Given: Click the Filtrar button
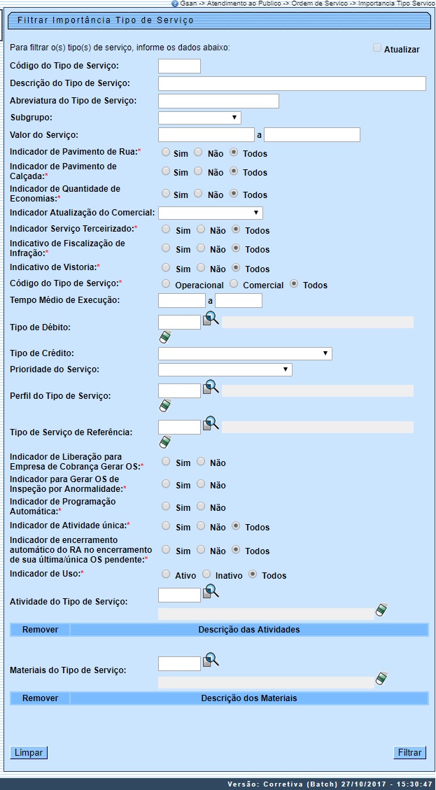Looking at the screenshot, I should tap(409, 753).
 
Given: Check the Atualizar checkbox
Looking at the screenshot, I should tap(377, 48).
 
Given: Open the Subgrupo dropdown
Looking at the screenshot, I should tap(199, 118).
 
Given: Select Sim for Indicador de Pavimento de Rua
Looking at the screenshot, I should tap(165, 152).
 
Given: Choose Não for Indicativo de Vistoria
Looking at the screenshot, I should tap(201, 267).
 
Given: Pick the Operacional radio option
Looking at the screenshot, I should tap(165, 284).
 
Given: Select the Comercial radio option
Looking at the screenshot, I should tap(234, 284).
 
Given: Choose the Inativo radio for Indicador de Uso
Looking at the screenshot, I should tap(206, 574).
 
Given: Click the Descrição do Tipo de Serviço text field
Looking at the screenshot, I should tap(292, 84).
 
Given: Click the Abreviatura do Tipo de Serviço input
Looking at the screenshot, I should tap(218, 101).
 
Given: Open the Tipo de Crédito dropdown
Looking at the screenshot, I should tap(245, 353).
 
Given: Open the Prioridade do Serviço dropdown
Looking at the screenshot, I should tap(225, 369).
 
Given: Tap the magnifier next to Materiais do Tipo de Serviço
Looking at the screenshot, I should tap(211, 660).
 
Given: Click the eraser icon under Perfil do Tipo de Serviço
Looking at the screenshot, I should tap(165, 405).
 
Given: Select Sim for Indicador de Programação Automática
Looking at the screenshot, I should tap(165, 506).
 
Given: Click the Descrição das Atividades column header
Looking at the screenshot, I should tap(248, 630).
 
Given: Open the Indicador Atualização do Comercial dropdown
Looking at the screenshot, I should tap(210, 213).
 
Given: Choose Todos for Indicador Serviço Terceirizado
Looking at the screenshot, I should tap(237, 229).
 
